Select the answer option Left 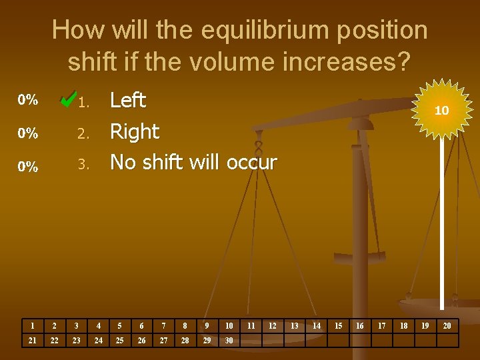tap(127, 101)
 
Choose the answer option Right tap(134, 131)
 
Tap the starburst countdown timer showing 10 tap(441, 111)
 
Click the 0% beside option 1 tap(27, 101)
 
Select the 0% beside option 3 tap(27, 167)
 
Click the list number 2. tap(83, 133)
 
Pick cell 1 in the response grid tap(32, 326)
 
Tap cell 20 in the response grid tap(447, 326)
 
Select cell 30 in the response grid tap(229, 341)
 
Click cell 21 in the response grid tap(32, 341)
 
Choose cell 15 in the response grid tap(338, 326)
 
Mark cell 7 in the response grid tap(163, 326)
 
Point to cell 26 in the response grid tap(141, 341)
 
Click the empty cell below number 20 tap(447, 341)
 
